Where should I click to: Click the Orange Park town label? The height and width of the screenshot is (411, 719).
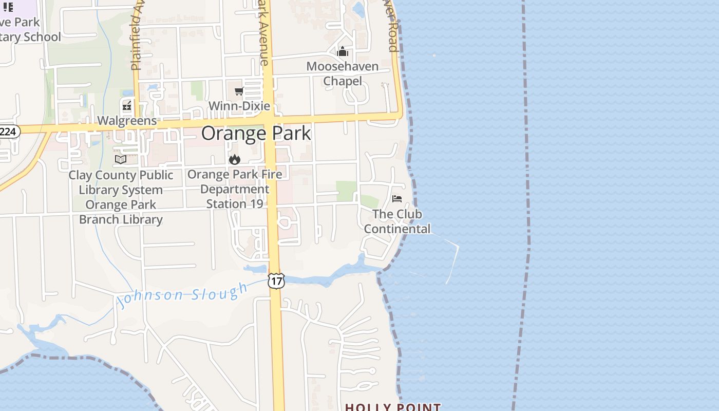[x=256, y=133]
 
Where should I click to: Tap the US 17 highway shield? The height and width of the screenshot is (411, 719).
[x=276, y=281]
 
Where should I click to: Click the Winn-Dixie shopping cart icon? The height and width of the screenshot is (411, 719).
[x=239, y=91]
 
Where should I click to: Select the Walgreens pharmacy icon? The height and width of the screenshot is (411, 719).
[x=126, y=106]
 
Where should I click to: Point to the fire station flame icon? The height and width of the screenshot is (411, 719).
[x=235, y=159]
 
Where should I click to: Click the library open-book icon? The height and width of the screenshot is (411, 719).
[x=121, y=160]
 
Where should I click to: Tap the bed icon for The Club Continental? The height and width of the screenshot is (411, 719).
[x=397, y=199]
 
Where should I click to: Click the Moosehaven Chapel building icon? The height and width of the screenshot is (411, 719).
[x=343, y=51]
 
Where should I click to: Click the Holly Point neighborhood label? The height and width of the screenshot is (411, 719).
[x=393, y=407]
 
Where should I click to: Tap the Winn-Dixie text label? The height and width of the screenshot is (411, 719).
[x=239, y=106]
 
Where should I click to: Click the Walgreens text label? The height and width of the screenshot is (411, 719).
[x=127, y=121]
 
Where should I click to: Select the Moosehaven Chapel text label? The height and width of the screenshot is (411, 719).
[x=343, y=73]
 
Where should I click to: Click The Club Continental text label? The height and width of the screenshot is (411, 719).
[x=397, y=221]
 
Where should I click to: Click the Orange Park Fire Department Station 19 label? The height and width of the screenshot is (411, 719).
[x=235, y=189]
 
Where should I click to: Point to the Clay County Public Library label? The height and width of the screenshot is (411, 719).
[x=121, y=197]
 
